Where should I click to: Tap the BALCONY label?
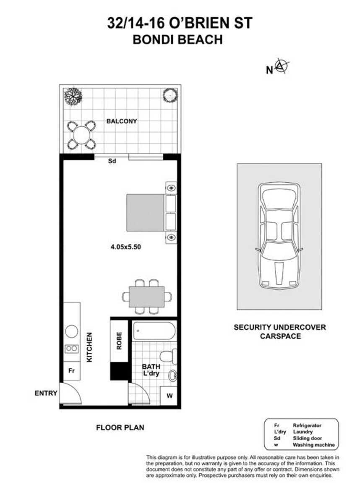(122, 121)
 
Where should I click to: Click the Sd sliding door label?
(112, 160)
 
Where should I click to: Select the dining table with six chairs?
(146, 297)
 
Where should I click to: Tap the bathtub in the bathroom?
(154, 331)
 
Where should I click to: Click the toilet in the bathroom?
(170, 357)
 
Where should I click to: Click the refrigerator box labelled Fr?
(72, 371)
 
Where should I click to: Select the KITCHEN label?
(89, 348)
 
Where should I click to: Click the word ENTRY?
(46, 393)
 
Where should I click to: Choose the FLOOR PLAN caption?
(120, 428)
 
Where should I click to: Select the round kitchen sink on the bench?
(72, 332)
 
